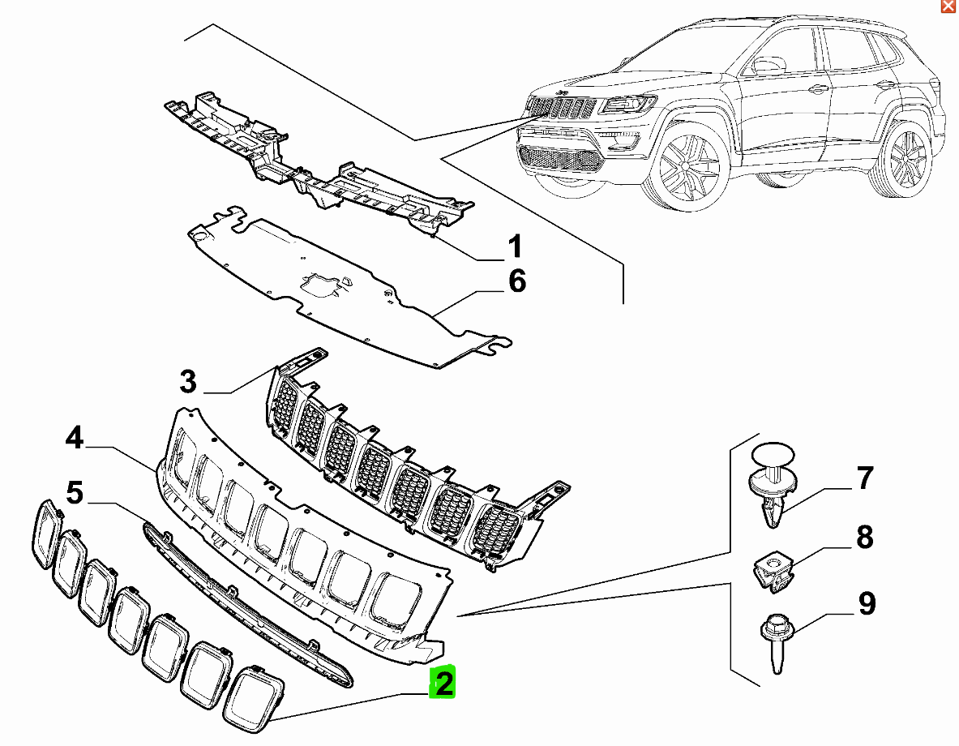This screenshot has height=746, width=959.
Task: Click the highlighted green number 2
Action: pyautogui.click(x=443, y=683)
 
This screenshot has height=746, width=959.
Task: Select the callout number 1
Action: pyautogui.click(x=516, y=246)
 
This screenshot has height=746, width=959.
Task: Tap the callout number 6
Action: pyautogui.click(x=516, y=281)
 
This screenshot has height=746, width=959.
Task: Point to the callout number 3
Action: pyautogui.click(x=188, y=380)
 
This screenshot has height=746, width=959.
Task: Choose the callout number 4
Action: pyautogui.click(x=75, y=439)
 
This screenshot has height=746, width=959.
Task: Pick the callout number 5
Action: pyautogui.click(x=75, y=492)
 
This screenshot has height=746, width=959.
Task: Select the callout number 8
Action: pyautogui.click(x=864, y=537)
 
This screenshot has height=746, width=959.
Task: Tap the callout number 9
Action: pyautogui.click(x=866, y=603)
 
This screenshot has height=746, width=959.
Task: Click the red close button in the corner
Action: pyautogui.click(x=947, y=6)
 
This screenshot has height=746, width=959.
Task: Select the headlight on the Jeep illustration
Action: pyautogui.click(x=629, y=104)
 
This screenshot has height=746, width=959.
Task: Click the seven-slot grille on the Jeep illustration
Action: pyautogui.click(x=562, y=109)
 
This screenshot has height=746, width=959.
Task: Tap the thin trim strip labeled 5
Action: pyautogui.click(x=247, y=605)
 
